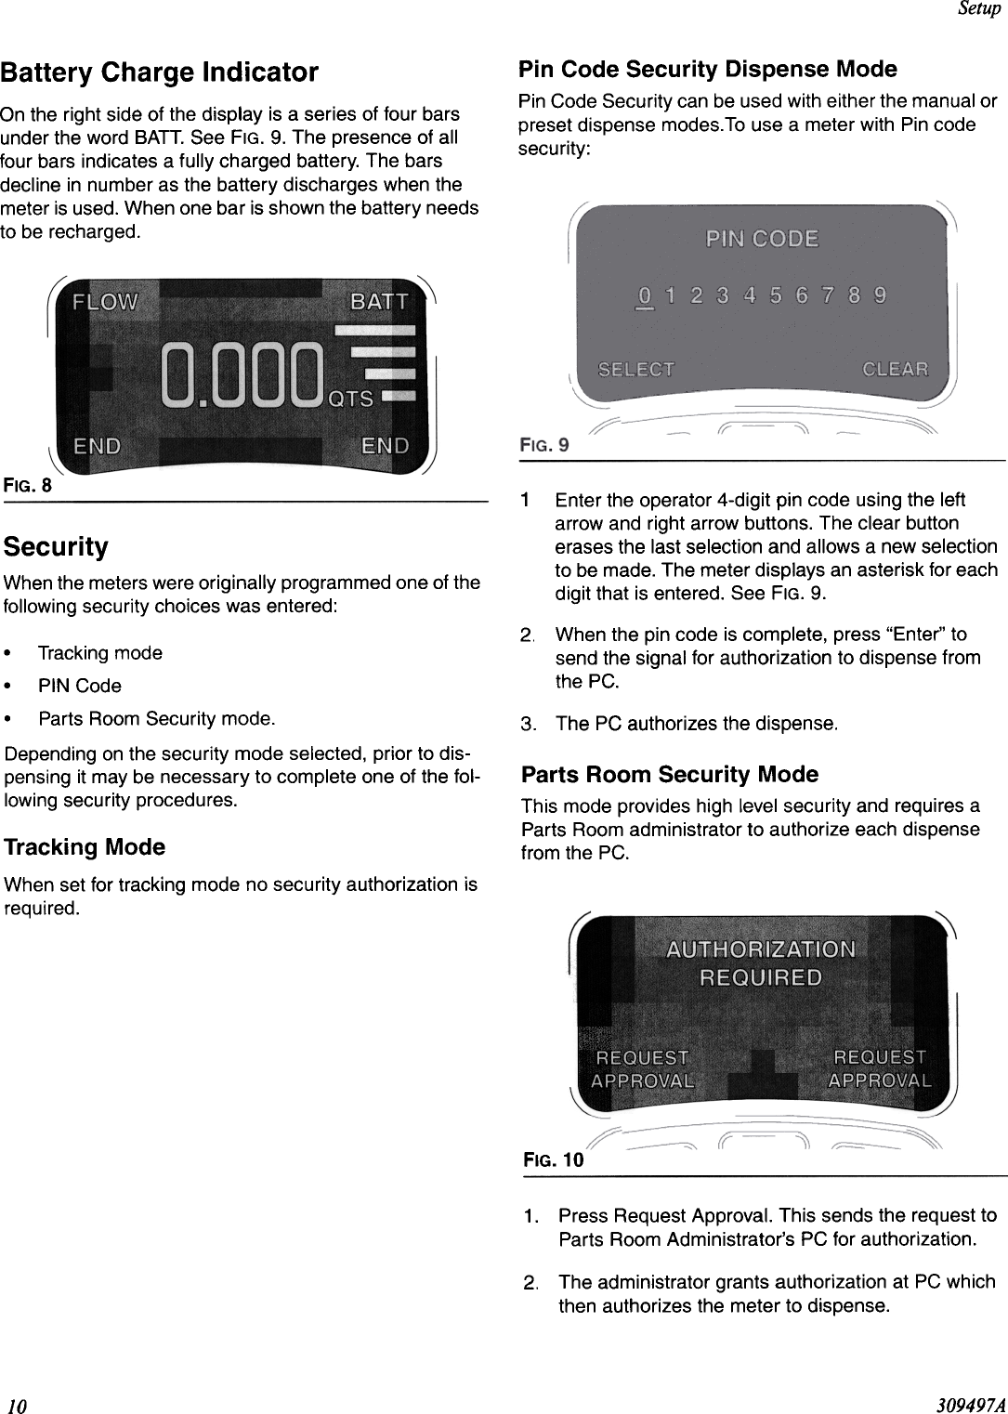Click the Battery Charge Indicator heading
159,72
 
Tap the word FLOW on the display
105,302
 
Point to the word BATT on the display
378,302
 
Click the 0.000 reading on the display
243,376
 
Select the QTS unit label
351,399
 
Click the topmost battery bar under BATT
374,330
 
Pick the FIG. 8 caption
27,485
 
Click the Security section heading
56,546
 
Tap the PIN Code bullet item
79,686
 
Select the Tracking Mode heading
85,847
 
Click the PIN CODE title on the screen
762,239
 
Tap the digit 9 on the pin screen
880,295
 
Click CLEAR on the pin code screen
895,370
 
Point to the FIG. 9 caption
543,446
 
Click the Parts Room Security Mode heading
670,774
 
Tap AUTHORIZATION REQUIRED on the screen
761,963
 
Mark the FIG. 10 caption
554,1159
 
